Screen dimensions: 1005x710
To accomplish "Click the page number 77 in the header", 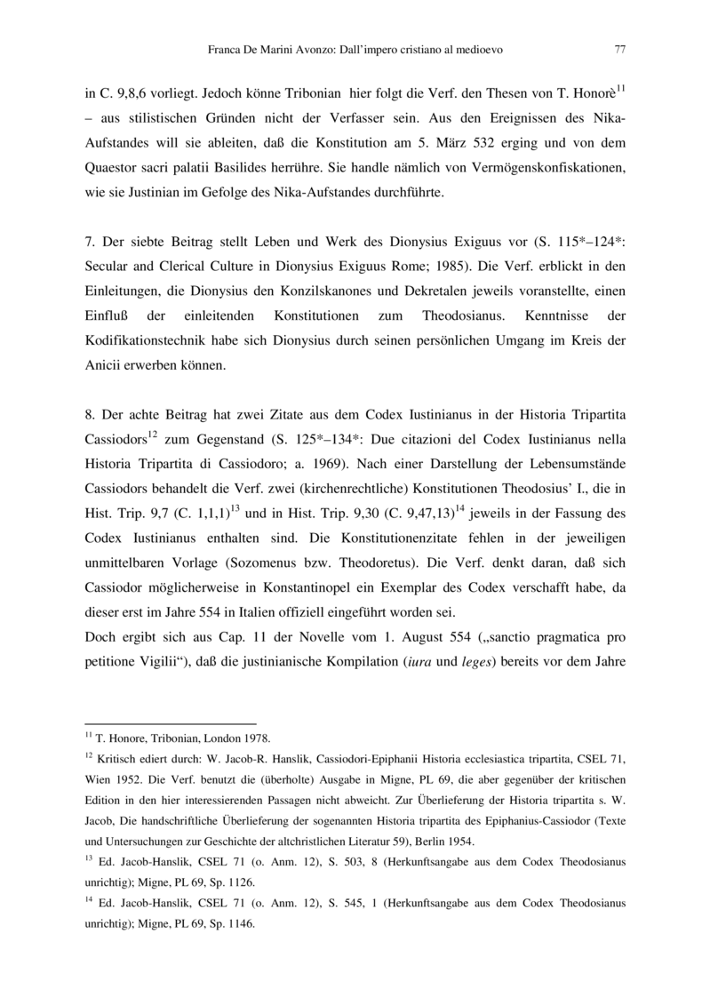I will pos(619,51).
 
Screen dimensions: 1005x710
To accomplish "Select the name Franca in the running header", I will pos(224,51).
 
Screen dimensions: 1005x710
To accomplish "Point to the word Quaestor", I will pos(113,167).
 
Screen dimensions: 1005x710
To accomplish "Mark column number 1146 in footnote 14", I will pos(237,923).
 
